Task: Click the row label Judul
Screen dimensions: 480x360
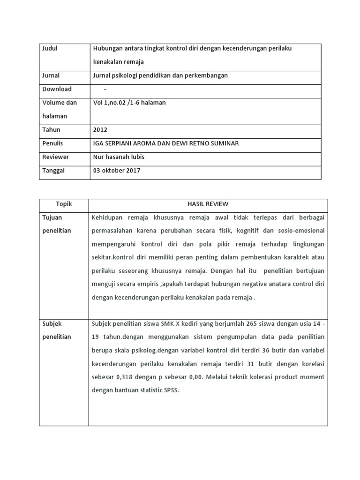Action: (x=50, y=49)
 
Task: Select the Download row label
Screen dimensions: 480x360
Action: (x=57, y=89)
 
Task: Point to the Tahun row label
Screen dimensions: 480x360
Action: (x=51, y=130)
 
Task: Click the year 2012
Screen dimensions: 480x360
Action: (x=100, y=130)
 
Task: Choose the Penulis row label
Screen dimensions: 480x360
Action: (x=52, y=143)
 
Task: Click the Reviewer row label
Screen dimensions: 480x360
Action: (x=55, y=157)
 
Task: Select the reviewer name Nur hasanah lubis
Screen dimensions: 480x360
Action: (x=119, y=157)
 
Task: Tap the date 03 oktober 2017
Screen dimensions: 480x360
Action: (x=117, y=171)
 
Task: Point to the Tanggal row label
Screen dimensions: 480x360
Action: (x=53, y=171)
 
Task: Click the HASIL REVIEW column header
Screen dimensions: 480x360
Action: (x=208, y=204)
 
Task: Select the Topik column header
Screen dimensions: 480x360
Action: (x=64, y=204)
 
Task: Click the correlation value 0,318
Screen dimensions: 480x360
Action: (x=126, y=377)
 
